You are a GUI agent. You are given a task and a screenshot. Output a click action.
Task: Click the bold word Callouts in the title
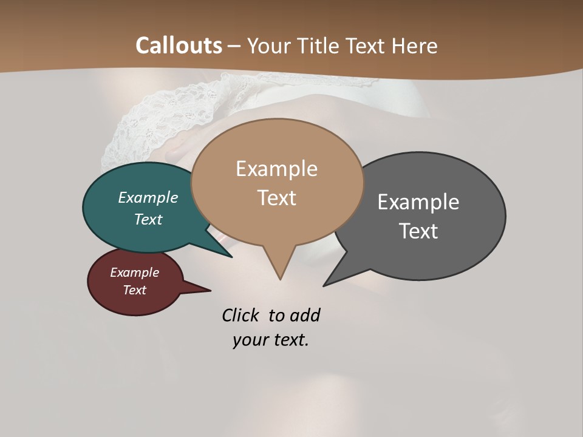point(179,46)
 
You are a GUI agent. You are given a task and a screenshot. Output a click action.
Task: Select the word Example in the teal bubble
point(148,197)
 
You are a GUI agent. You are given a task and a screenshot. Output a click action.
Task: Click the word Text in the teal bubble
point(148,219)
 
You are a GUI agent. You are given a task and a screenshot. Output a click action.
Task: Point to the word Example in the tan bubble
point(276,168)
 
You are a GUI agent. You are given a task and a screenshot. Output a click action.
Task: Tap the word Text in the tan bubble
point(276,197)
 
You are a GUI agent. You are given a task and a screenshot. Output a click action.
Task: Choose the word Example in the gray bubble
point(418,202)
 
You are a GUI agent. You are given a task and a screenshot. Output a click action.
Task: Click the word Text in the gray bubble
point(418,231)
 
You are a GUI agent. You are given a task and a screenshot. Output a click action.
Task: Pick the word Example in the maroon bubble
point(134,273)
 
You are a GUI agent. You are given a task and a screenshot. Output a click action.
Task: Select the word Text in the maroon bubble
point(134,290)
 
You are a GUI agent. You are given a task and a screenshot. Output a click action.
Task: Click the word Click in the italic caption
point(240,315)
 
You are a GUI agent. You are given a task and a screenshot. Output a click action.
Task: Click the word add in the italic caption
point(305,315)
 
